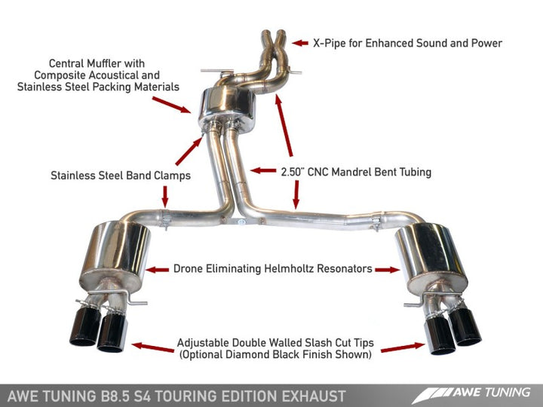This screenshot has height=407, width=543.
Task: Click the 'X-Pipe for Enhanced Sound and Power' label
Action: click(x=407, y=43)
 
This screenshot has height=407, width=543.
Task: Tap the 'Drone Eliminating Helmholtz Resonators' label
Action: click(x=272, y=268)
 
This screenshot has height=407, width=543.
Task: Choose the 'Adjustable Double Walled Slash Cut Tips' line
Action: click(x=276, y=342)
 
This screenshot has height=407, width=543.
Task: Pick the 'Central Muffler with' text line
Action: click(x=97, y=63)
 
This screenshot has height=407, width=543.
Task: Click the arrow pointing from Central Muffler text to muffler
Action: click(x=179, y=103)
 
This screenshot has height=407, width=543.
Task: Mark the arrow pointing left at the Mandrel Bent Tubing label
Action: click(x=262, y=171)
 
